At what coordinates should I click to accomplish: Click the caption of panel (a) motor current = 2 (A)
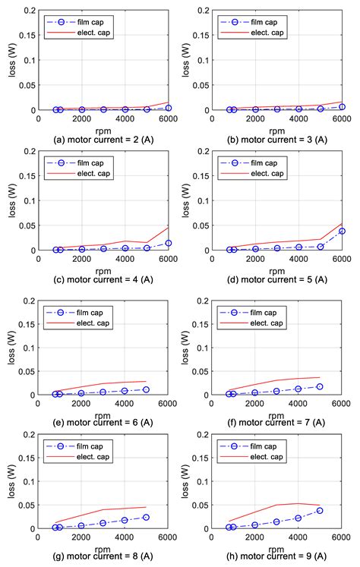click(91, 138)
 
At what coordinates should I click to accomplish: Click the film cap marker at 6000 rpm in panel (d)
click(342, 231)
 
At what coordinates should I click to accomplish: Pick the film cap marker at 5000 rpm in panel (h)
click(320, 510)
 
